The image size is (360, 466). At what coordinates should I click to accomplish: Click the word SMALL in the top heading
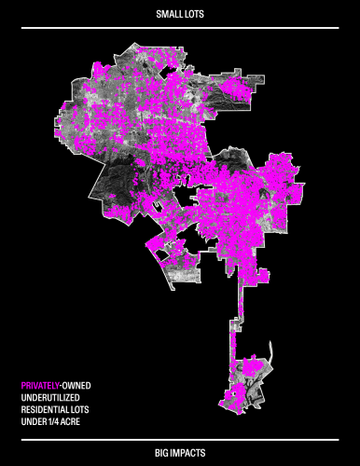168,15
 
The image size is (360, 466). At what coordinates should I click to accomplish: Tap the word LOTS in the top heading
193,15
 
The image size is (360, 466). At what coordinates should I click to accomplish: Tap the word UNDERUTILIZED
50,397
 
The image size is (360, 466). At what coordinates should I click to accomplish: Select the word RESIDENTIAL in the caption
46,409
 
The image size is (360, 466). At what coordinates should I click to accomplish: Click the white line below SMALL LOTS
180,28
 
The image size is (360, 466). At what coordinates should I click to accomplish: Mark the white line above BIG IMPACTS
180,438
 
